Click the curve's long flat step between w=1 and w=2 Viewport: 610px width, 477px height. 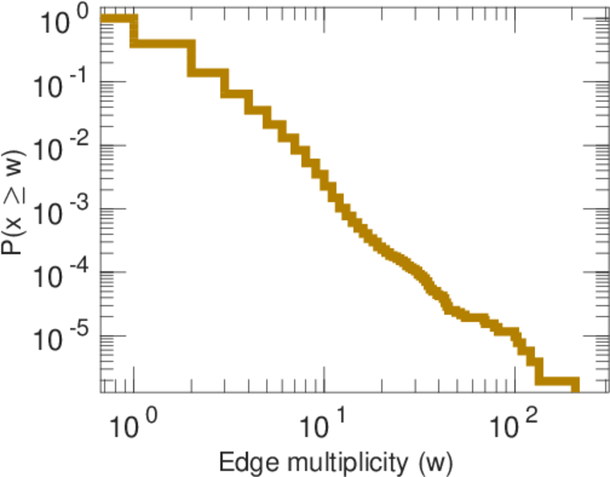(162, 43)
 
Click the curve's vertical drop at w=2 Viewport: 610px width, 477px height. (191, 57)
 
